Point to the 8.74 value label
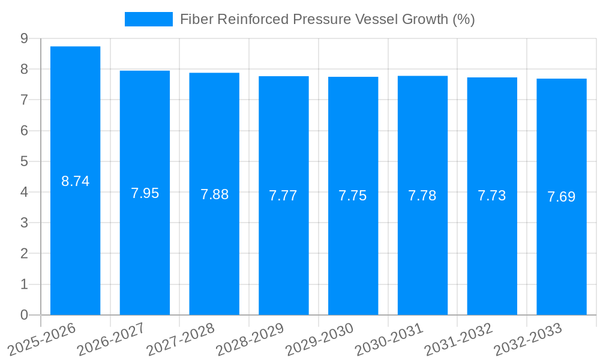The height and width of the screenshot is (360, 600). click(75, 181)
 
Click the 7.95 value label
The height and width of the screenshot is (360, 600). click(145, 193)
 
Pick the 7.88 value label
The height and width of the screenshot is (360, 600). click(214, 194)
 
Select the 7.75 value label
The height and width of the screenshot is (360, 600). click(353, 196)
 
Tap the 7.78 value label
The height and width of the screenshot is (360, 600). click(422, 196)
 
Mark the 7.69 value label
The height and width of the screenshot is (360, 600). click(562, 197)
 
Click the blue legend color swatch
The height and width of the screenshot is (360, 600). click(148, 19)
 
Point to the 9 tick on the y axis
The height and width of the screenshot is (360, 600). click(24, 38)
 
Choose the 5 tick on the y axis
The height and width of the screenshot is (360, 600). click(24, 161)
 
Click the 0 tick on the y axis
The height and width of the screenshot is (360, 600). click(24, 315)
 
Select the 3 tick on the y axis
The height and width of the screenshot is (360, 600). click(24, 223)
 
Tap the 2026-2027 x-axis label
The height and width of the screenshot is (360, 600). click(111, 338)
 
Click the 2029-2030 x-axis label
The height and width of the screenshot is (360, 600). click(319, 338)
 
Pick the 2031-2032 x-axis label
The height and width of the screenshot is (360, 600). click(458, 338)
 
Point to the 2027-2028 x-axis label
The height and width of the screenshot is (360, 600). click(181, 338)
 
